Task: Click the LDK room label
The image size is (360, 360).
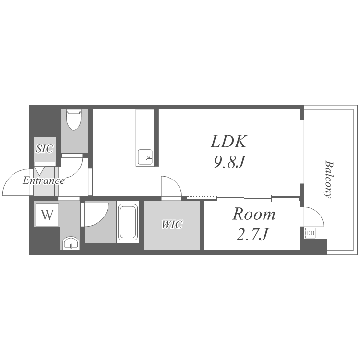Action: [x=229, y=141]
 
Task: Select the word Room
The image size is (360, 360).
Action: [x=254, y=214]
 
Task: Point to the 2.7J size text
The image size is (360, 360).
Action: [x=252, y=234]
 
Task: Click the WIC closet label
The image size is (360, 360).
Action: [x=172, y=224]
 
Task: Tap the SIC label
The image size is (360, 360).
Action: [x=45, y=148]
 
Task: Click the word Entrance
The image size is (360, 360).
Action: [x=44, y=180]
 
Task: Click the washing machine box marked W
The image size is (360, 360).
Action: [x=48, y=215]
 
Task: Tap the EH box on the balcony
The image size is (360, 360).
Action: [x=310, y=233]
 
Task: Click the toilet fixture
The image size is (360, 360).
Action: [x=74, y=120]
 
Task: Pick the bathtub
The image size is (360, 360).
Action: [x=128, y=222]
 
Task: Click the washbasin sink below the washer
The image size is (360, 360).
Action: [x=71, y=243]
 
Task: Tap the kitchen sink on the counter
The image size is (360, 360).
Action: [x=145, y=157]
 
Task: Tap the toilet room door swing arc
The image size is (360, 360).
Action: [x=77, y=171]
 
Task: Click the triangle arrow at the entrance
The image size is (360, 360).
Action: [x=39, y=171]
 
